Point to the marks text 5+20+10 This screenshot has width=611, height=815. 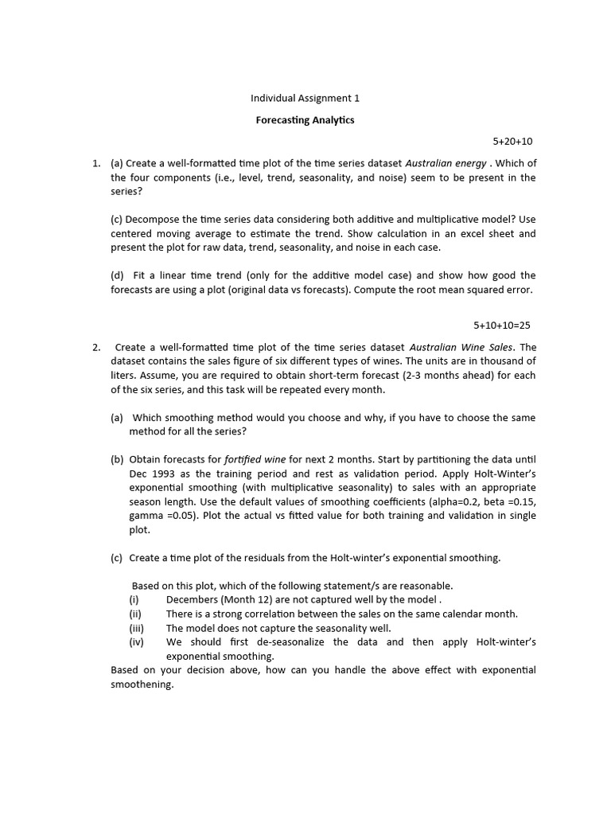512,142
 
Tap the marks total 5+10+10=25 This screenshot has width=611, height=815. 501,325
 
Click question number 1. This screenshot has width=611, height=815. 95,163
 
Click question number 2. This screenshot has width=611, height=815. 95,347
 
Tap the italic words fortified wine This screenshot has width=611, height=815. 255,459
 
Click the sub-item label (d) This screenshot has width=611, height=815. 118,275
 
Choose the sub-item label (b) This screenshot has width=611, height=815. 118,459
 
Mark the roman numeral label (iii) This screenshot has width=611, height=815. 136,627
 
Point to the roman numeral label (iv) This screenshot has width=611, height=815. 136,641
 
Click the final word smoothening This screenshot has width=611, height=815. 141,684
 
